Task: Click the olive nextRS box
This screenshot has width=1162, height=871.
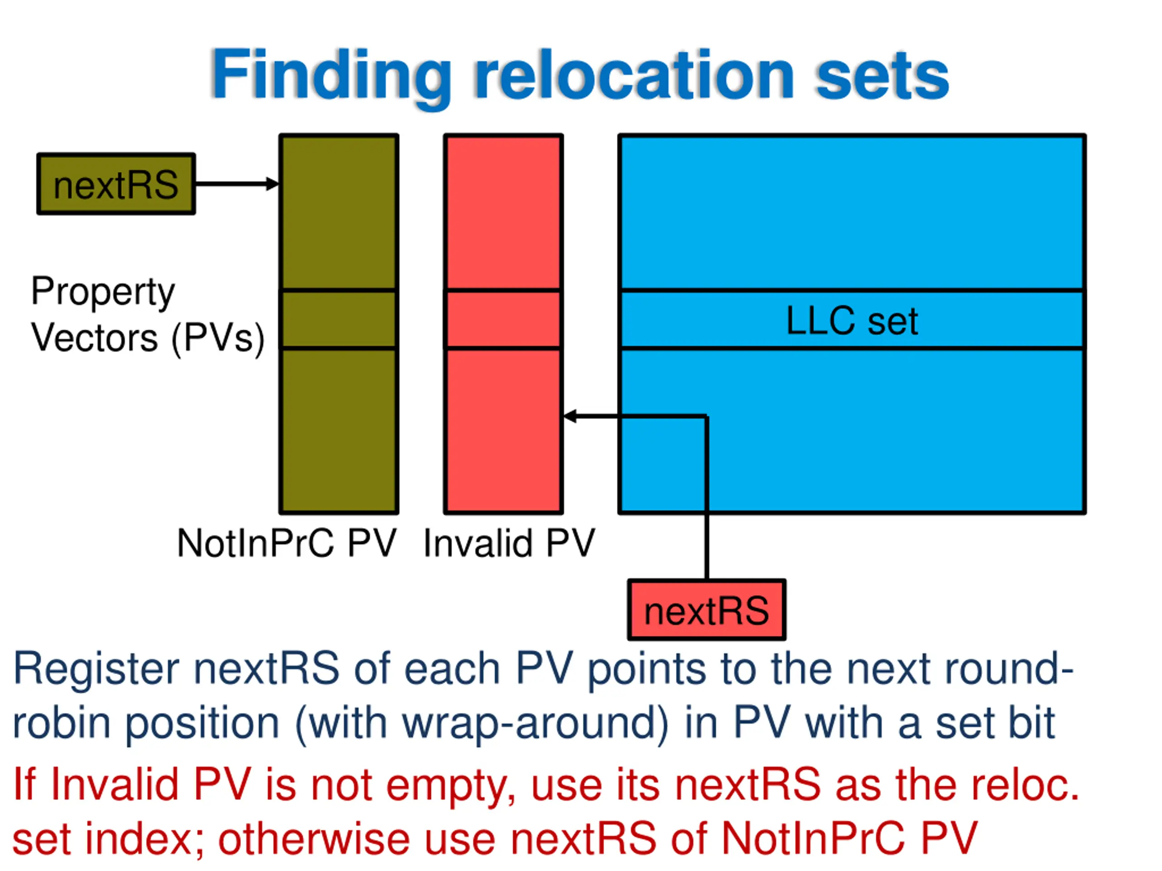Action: point(116,184)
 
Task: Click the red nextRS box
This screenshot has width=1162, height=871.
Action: point(707,610)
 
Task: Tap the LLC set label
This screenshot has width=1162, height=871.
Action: point(852,320)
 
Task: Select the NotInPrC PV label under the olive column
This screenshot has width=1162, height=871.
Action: point(287,543)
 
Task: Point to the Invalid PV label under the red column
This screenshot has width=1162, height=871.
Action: point(509,543)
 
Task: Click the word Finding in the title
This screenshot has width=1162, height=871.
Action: point(331,75)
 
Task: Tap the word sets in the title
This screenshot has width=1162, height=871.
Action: point(882,75)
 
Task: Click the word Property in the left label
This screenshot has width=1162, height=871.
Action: point(103,292)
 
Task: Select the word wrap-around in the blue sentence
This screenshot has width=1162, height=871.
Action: point(535,723)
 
